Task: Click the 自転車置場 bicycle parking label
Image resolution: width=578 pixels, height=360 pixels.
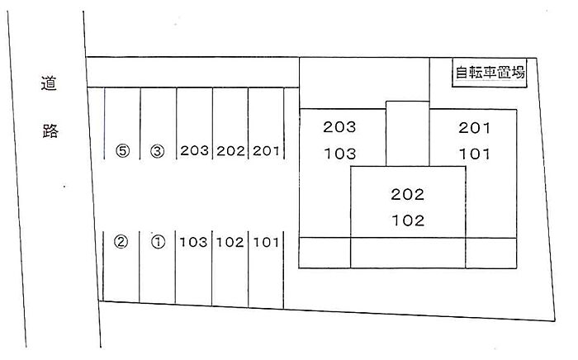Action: (x=490, y=73)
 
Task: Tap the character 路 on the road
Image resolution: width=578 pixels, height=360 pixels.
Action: (x=50, y=131)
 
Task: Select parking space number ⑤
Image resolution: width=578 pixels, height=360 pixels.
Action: (x=123, y=151)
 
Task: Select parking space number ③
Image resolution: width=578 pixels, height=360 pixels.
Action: (x=159, y=151)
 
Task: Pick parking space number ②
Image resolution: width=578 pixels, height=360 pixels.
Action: (x=121, y=242)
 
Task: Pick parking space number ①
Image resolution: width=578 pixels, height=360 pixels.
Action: (x=159, y=242)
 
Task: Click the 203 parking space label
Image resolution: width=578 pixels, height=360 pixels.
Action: (x=194, y=151)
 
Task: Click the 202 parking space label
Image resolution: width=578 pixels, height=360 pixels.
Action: (x=230, y=151)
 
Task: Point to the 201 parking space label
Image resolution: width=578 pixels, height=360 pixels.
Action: (x=266, y=151)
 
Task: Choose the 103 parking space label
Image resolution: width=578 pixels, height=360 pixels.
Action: (x=194, y=242)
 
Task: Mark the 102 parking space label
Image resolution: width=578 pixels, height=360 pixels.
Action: (x=230, y=242)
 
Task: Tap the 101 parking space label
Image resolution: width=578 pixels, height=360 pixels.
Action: (x=266, y=242)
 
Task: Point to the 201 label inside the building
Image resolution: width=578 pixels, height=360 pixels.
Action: (x=474, y=127)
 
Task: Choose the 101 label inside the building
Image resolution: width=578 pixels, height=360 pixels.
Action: (x=474, y=154)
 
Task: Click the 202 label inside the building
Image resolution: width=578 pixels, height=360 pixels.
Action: (x=407, y=195)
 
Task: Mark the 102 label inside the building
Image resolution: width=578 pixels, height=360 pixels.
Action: (x=407, y=220)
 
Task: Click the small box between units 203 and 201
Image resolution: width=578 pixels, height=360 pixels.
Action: (x=406, y=132)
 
